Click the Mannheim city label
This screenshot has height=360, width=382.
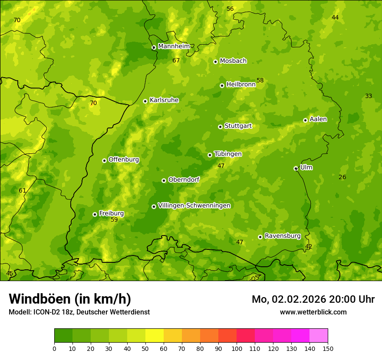tap(174, 46)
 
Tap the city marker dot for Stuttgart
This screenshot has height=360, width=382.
tap(220, 127)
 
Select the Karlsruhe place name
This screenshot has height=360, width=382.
tap(164, 100)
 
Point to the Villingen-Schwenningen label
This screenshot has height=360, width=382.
tap(194, 206)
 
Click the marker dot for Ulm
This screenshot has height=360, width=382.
tap(296, 168)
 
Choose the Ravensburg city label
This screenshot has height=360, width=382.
tap(283, 236)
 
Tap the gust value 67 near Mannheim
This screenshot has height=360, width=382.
tap(176, 61)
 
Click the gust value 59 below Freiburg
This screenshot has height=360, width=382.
tap(114, 220)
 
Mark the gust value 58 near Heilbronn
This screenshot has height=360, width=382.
tap(260, 81)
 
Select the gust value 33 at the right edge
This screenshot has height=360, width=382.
tap(369, 96)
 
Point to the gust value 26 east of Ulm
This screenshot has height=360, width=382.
tap(342, 177)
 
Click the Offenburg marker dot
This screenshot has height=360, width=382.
tap(104, 160)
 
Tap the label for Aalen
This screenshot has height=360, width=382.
tap(318, 119)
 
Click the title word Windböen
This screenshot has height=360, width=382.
tap(40, 299)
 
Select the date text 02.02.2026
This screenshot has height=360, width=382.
tap(299, 299)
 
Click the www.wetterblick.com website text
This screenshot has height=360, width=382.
tap(313, 312)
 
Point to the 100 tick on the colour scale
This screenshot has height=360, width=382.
tap(237, 348)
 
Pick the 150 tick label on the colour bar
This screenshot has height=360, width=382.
tap(328, 348)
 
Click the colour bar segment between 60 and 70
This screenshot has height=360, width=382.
tap(173, 336)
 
